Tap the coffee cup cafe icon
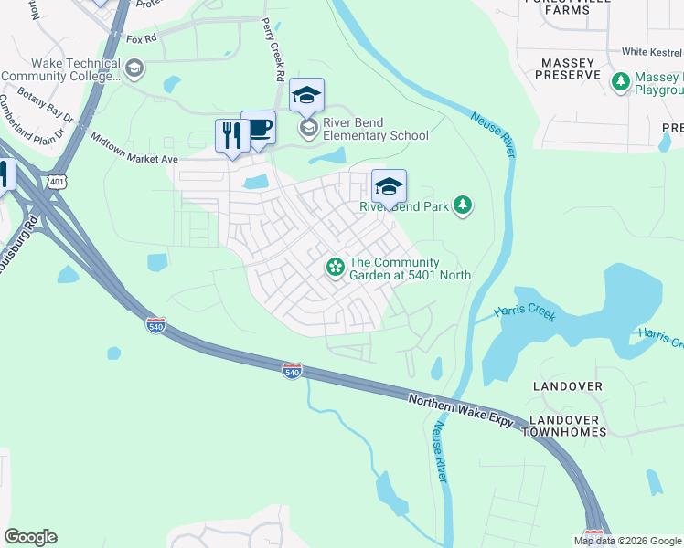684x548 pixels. click(x=259, y=127)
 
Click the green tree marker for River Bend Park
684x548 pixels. click(x=464, y=205)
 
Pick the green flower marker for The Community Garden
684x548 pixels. click(x=336, y=267)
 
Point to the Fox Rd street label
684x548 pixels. click(x=141, y=39)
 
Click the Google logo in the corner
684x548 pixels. click(x=30, y=537)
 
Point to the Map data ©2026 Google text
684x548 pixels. click(x=626, y=541)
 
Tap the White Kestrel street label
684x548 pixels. click(x=652, y=52)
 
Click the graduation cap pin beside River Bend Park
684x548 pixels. click(x=389, y=187)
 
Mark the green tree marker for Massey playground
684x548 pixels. click(x=621, y=82)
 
